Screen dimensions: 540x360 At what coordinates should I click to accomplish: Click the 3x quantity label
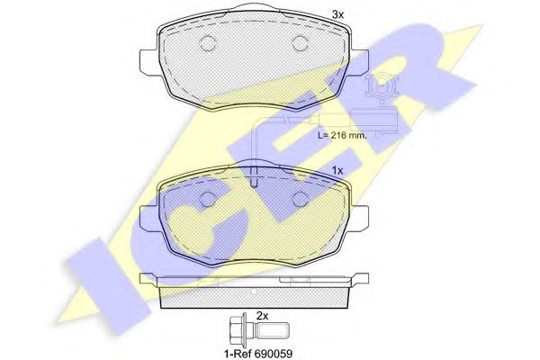337,14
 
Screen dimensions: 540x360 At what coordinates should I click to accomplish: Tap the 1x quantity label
337,170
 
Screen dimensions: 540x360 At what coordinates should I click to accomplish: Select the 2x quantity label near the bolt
262,316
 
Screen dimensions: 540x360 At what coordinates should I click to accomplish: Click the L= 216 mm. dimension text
342,135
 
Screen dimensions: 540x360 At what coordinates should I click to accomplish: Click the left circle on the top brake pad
208,43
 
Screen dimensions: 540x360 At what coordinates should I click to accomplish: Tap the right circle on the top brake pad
300,43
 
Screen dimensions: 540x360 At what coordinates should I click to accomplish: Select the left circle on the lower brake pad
208,199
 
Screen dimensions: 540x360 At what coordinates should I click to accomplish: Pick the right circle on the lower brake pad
300,199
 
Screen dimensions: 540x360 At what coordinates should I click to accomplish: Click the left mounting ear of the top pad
148,62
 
